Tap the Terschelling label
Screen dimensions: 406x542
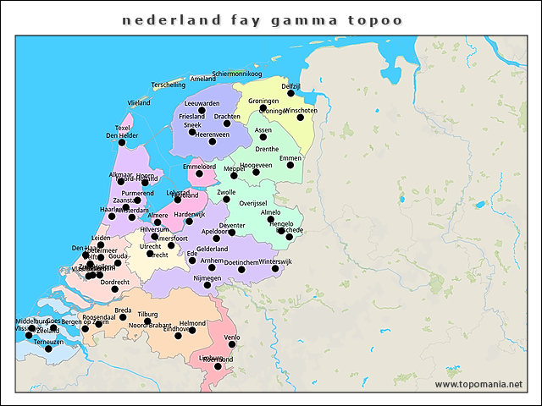pos(168,85)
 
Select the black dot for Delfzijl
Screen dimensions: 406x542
pos(290,93)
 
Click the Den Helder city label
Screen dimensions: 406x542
pos(121,135)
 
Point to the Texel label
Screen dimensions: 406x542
pos(123,128)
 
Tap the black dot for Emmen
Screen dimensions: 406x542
pos(290,165)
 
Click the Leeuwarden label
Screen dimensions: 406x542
pos(202,103)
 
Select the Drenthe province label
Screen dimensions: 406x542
pos(267,149)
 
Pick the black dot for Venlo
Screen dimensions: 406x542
pos(231,344)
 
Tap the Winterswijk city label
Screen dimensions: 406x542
pos(274,261)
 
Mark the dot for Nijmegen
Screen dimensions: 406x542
pos(207,285)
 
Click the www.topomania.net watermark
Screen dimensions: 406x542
pos(478,384)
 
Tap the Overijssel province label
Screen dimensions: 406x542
pos(253,203)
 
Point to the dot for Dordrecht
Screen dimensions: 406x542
pos(114,289)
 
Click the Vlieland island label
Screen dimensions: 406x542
pos(139,102)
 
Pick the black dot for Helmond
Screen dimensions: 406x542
pos(192,330)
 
